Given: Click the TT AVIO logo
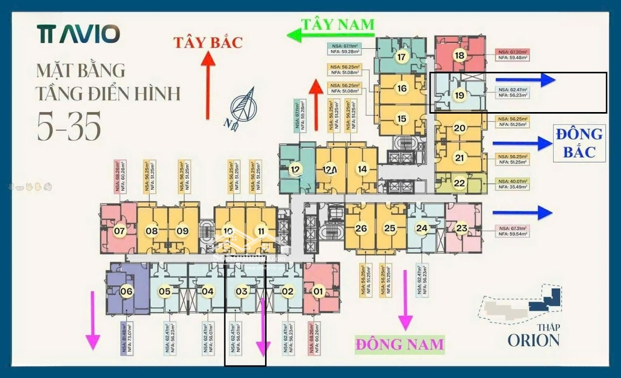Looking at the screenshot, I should [x=79, y=34].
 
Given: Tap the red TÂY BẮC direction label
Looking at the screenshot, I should [x=209, y=42].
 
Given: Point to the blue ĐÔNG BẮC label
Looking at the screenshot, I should [x=579, y=142].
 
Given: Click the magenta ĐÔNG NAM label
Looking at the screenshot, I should [x=400, y=344].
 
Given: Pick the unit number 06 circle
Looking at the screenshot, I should [x=126, y=291].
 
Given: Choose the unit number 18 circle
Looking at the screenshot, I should [x=459, y=56].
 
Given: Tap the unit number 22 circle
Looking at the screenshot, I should [x=459, y=183].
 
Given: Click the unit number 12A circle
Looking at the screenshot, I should [x=330, y=169].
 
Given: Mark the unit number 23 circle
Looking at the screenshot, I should [x=462, y=228].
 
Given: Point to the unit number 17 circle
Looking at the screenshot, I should [x=401, y=57].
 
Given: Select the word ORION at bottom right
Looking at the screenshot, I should [x=533, y=340].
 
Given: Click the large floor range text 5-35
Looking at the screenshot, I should [x=70, y=125].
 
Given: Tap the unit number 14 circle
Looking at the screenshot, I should [x=362, y=169].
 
